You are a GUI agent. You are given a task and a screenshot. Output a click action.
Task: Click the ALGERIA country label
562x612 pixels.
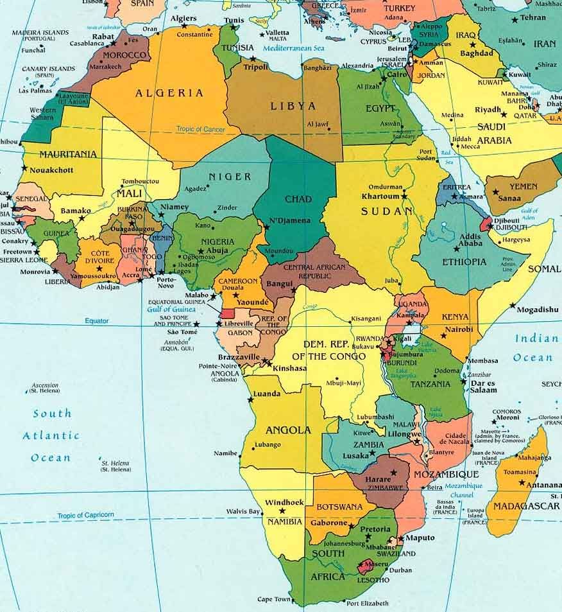point(169,93)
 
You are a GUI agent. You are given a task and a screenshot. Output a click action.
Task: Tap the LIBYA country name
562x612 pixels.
point(293,106)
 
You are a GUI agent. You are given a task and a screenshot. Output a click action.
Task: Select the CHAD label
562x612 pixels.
point(298,198)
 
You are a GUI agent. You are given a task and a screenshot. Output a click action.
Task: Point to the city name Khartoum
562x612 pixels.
point(380,196)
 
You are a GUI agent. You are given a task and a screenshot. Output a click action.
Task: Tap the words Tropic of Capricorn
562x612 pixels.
point(85,515)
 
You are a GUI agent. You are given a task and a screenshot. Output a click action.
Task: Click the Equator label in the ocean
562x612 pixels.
point(97,320)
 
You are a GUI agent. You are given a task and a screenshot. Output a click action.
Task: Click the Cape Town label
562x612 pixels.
point(274,599)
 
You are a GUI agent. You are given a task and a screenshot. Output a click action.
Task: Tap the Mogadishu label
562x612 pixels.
point(538,310)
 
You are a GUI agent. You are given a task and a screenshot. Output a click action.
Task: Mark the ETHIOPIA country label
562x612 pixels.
point(464,262)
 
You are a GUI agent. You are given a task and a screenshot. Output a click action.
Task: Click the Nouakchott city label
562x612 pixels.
point(52,170)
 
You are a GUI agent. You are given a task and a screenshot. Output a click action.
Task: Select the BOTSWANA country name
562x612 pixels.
point(340,507)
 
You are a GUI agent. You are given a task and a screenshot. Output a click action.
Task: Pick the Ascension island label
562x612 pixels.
point(45,385)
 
